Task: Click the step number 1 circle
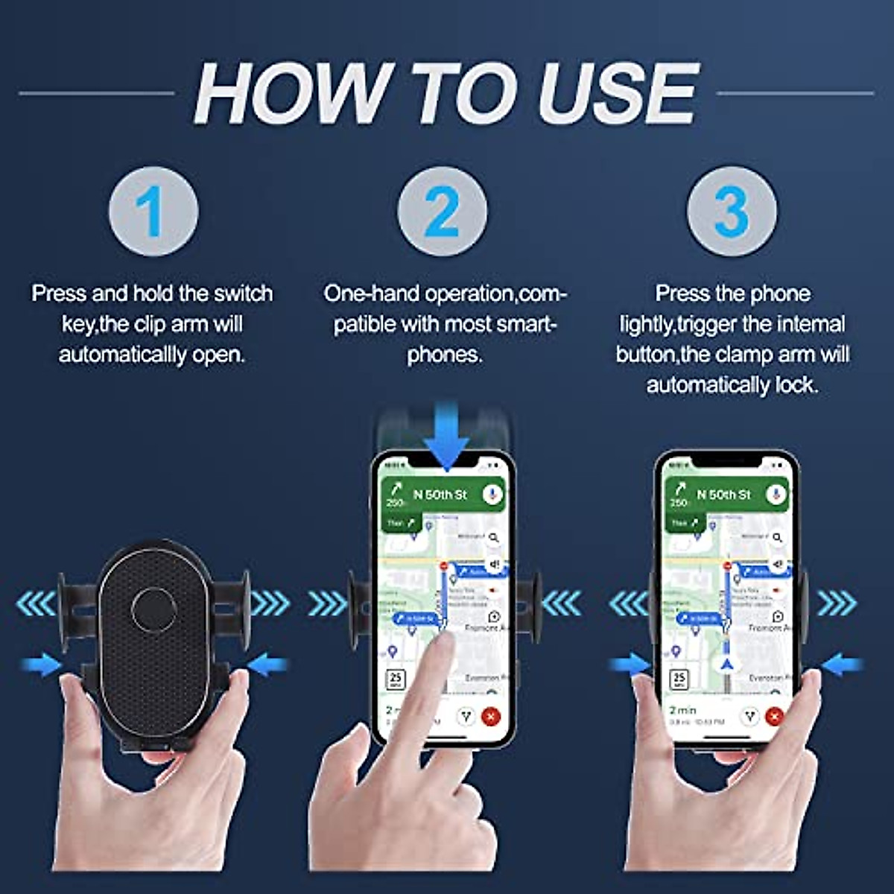pos(153,212)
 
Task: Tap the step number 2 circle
pos(443,212)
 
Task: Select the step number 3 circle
pos(731,212)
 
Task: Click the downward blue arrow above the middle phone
pos(446,436)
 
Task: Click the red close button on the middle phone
pos(491,717)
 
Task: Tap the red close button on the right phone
pos(774,717)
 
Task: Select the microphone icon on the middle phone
pos(492,495)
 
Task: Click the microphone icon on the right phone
pos(776,495)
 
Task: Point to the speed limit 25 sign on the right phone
pos(679,679)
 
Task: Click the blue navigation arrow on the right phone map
pos(727,663)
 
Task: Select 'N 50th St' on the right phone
pos(723,495)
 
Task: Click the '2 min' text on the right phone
pos(683,710)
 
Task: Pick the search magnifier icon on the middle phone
pos(493,537)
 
